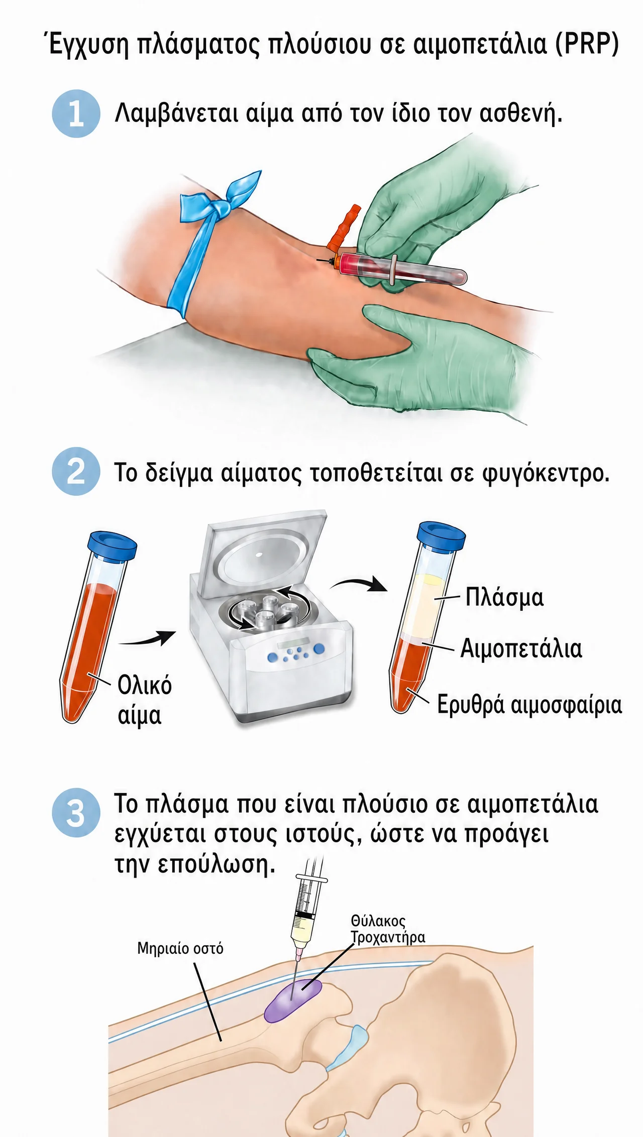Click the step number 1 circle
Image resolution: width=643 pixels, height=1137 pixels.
pyautogui.click(x=76, y=113)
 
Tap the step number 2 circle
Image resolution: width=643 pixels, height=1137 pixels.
pyautogui.click(x=76, y=472)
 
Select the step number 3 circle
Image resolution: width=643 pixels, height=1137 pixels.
pyautogui.click(x=76, y=812)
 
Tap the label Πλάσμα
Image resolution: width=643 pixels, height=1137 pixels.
pyautogui.click(x=504, y=598)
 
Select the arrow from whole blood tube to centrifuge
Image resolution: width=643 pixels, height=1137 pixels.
pyautogui.click(x=148, y=638)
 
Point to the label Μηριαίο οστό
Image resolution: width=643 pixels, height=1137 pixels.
pyautogui.click(x=180, y=948)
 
